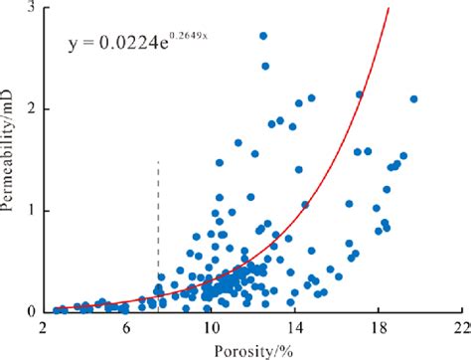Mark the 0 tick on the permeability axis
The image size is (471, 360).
tap(31, 311)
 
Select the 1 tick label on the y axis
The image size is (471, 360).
tap(31, 210)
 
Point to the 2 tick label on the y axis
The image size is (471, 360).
tap(31, 108)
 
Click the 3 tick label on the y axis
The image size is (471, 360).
tap(31, 8)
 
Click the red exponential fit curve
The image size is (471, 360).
tap(338, 159)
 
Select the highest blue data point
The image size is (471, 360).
tap(263, 36)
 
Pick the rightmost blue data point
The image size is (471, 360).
tap(414, 98)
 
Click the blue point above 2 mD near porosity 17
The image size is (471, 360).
tap(361, 94)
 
